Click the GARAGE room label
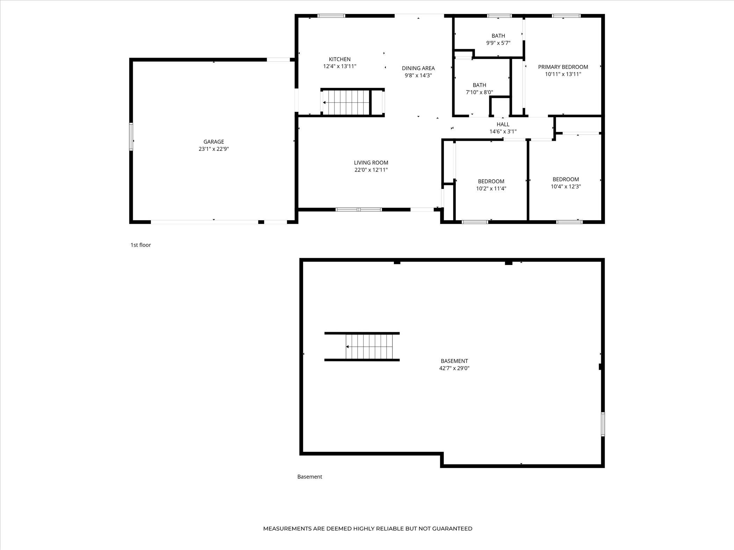pyautogui.click(x=214, y=141)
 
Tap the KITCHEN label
pyautogui.click(x=339, y=59)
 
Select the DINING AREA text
pyautogui.click(x=418, y=68)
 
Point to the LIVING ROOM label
pyautogui.click(x=371, y=163)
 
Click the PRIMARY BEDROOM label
pyautogui.click(x=563, y=67)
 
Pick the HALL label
pyautogui.click(x=503, y=124)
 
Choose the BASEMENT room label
pyautogui.click(x=454, y=361)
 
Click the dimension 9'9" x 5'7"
pyautogui.click(x=498, y=43)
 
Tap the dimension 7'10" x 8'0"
pyautogui.click(x=479, y=93)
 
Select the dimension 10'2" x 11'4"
pyautogui.click(x=491, y=189)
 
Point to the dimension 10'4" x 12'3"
pyautogui.click(x=566, y=186)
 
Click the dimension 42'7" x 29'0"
pyautogui.click(x=454, y=368)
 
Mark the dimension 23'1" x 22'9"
pyautogui.click(x=214, y=149)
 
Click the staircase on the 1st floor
pyautogui.click(x=346, y=102)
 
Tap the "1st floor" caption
pyautogui.click(x=141, y=245)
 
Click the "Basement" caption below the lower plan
pyautogui.click(x=310, y=477)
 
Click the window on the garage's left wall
pyautogui.click(x=131, y=137)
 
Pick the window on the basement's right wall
pyautogui.click(x=603, y=424)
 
